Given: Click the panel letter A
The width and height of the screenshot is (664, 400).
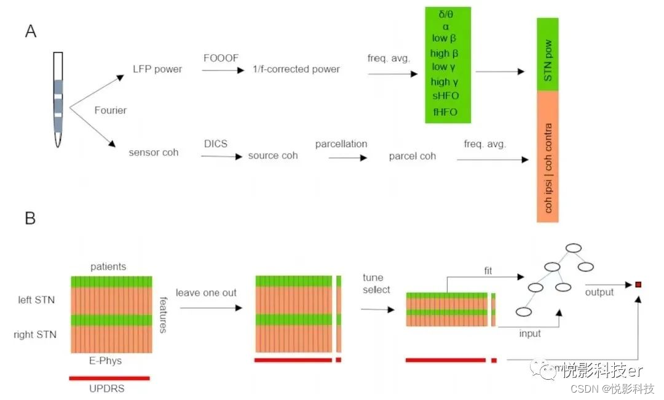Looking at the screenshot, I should pos(30,31).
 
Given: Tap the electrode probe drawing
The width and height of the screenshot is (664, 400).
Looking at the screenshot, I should pos(58,98).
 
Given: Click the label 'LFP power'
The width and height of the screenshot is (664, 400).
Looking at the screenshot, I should pos(157,69).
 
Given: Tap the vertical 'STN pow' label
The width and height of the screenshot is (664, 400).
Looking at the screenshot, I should pos(548,54).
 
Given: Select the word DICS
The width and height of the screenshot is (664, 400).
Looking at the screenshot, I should pos(216,143).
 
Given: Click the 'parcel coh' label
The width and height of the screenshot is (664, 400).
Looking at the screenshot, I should pos(412,156).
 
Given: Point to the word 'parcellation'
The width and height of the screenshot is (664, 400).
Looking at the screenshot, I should pos(341,143).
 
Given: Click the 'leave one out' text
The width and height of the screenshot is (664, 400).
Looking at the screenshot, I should pos(206,292).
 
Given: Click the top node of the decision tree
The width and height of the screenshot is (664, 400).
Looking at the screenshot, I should pos(574,248).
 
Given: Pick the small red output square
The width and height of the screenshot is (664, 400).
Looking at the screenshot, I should pos(639,284).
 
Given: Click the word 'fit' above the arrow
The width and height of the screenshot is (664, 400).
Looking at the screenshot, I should pos(488,270).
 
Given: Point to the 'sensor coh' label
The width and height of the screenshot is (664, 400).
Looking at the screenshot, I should pos(154,152).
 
